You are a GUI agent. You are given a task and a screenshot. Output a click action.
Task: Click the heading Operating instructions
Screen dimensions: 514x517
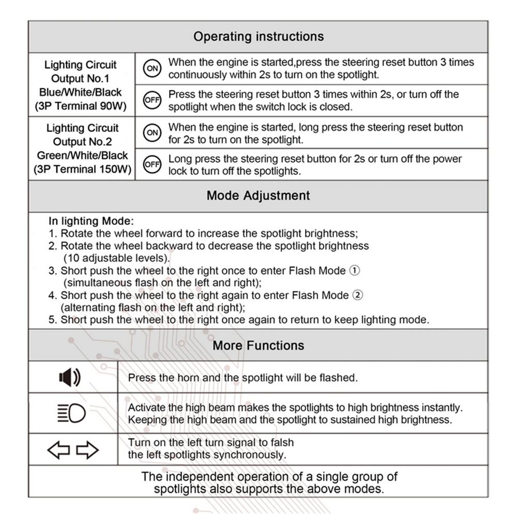pos(258,37)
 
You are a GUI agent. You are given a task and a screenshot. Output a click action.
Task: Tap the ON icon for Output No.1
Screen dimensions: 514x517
pos(152,69)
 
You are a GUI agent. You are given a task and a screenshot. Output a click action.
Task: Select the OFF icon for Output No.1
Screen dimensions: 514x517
pos(152,100)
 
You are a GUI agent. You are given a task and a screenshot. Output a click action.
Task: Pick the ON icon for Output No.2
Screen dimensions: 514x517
pos(152,133)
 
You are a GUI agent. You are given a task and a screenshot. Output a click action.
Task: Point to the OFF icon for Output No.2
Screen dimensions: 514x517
pos(152,164)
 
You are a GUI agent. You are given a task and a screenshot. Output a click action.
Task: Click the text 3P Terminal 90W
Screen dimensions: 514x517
pos(81,107)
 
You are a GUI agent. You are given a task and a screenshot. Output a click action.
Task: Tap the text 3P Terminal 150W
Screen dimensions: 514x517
pos(82,169)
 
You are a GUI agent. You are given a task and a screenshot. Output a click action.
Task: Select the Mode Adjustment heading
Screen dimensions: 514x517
pos(258,195)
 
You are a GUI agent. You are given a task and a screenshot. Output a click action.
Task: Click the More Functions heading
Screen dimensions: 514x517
pos(258,345)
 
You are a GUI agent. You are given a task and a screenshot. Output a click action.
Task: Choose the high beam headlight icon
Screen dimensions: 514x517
pos(71,414)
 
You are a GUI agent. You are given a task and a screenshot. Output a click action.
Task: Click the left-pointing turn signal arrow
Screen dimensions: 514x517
pos(58,450)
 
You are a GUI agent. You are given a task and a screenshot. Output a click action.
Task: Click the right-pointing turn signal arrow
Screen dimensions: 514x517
pos(87,450)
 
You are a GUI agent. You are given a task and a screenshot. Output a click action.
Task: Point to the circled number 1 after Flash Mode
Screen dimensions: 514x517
pos(355,270)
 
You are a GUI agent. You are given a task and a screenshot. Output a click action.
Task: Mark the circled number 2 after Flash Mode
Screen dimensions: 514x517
pos(357,295)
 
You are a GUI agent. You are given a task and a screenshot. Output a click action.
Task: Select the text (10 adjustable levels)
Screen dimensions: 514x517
pos(116,258)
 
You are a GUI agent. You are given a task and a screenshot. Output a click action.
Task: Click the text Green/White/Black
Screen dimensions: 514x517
pos(82,155)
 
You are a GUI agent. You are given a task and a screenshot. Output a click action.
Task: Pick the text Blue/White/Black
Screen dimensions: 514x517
pos(81,93)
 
